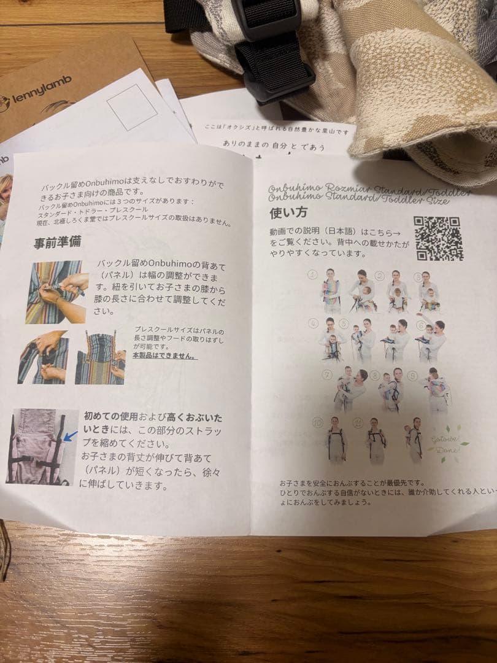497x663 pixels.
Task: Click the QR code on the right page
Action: tap(439, 238)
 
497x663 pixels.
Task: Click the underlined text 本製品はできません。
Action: tap(168, 356)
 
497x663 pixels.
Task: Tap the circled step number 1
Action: tap(313, 274)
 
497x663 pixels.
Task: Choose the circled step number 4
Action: tap(314, 324)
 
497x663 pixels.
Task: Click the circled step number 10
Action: tap(317, 422)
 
